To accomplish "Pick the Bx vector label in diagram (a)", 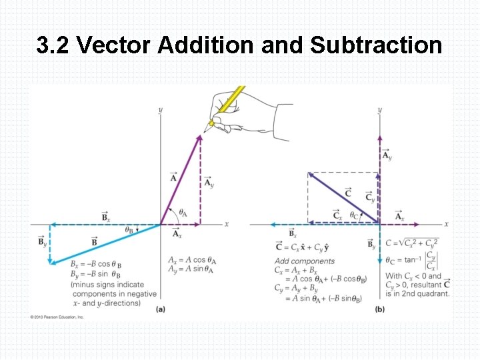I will [x=106, y=217].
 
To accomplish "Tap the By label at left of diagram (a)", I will [x=42, y=241].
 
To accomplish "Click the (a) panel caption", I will [x=161, y=309].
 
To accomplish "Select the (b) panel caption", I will [x=379, y=309].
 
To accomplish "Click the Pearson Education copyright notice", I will [x=57, y=317].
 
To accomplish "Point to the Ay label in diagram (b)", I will [x=387, y=155].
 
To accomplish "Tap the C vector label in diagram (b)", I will [x=348, y=193].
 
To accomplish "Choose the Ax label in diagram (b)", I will [x=399, y=217].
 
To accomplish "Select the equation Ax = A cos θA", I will [x=193, y=260].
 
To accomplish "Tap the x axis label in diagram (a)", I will [x=227, y=224].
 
